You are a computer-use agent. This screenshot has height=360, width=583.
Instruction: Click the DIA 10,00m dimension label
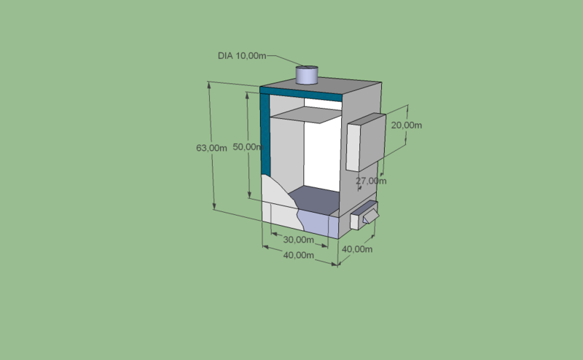242,56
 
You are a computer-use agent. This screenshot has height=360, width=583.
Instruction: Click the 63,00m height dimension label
211,148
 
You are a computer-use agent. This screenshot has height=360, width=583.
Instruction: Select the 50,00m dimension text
248,147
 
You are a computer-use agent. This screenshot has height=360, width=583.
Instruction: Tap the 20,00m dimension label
407,125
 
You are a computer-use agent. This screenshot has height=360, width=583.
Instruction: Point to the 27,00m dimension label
371,181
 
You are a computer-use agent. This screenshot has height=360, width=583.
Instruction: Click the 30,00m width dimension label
299,240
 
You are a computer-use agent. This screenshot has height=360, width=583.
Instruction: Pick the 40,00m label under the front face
299,256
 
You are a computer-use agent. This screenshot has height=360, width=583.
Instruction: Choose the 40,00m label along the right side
357,249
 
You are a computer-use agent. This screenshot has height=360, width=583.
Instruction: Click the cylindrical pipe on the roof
307,75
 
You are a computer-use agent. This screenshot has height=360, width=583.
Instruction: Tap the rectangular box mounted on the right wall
367,142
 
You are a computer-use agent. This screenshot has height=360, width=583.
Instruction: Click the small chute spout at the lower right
371,216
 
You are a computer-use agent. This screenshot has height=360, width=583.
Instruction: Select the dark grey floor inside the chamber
314,200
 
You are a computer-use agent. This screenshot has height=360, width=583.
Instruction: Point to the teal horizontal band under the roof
301,94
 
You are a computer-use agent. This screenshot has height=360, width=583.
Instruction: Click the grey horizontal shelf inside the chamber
306,114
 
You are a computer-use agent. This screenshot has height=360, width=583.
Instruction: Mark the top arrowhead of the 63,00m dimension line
209,85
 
